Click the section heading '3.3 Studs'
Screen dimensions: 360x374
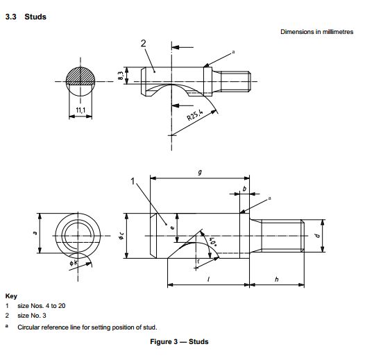[26, 17]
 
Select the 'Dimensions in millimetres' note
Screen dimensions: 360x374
[316, 32]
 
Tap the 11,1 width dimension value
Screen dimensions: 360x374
[81, 110]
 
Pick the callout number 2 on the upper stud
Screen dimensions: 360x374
[143, 44]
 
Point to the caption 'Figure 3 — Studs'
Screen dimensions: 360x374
[179, 341]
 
